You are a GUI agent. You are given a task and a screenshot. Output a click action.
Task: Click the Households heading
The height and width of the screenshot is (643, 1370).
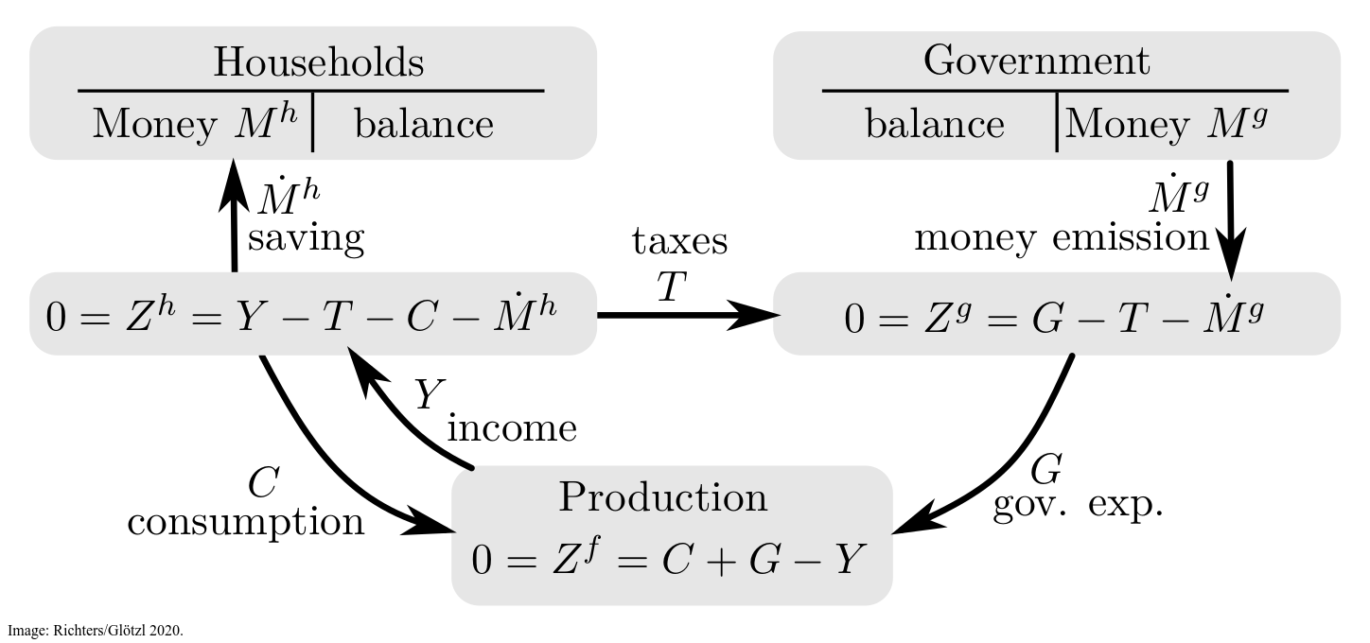point(318,62)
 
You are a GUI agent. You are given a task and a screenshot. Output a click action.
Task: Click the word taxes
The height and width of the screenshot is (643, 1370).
point(680,242)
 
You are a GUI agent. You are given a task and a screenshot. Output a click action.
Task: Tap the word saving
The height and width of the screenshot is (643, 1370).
point(305,239)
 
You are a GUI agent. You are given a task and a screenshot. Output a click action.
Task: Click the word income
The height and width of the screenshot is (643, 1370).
point(511,429)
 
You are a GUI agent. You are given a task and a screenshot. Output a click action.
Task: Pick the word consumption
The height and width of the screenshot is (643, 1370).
point(246,521)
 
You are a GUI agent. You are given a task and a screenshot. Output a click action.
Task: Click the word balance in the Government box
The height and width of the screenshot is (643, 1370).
point(935,125)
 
